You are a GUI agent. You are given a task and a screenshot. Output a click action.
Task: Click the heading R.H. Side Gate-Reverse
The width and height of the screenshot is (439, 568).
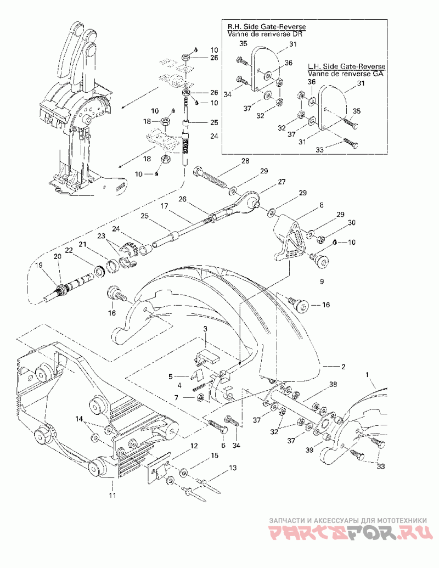267,27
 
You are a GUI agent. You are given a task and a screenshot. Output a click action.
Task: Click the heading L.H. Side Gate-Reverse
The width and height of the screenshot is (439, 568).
347,67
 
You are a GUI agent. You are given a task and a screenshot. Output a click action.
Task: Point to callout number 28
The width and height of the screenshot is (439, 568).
246,160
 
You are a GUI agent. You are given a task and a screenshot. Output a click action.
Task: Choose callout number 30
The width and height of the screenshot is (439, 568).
351,223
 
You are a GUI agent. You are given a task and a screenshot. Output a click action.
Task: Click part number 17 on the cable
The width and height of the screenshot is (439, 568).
165,206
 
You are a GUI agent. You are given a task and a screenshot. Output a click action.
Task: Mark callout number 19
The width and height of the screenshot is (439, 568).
39,265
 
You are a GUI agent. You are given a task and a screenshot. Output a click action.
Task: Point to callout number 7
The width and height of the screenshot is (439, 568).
176,398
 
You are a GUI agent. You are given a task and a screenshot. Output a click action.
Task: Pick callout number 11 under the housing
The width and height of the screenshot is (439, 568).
112,495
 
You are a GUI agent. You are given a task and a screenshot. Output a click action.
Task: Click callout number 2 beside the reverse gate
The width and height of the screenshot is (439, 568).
343,367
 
